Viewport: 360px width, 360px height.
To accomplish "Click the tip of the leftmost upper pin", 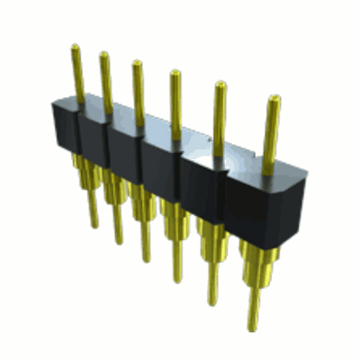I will [76, 49].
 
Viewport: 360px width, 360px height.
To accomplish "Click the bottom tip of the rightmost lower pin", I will [255, 326].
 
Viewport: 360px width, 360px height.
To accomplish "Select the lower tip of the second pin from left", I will [119, 240].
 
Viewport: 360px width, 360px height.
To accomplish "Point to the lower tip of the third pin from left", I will [146, 258].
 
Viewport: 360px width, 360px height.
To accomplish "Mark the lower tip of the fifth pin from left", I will [212, 301].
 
